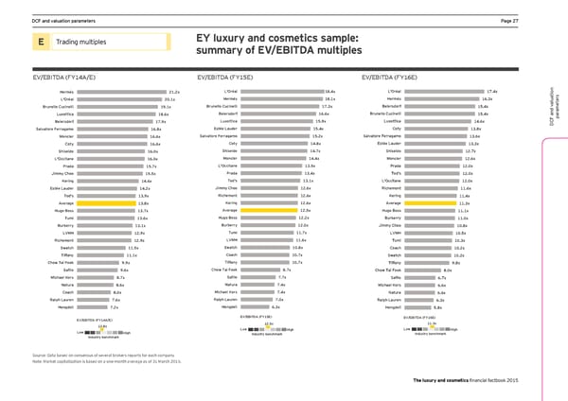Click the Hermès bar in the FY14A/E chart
[x=134, y=91]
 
